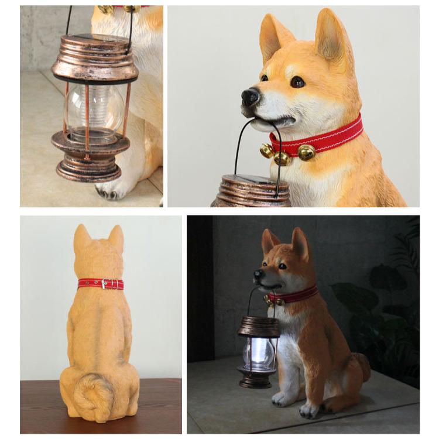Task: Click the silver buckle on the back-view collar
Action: coord(104,284)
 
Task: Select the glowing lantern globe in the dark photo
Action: coord(258,353)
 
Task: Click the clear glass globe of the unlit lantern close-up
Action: coord(91,111)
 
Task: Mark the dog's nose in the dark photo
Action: coord(257,273)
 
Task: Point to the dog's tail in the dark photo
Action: coord(363,366)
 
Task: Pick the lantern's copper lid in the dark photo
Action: coord(258,327)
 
